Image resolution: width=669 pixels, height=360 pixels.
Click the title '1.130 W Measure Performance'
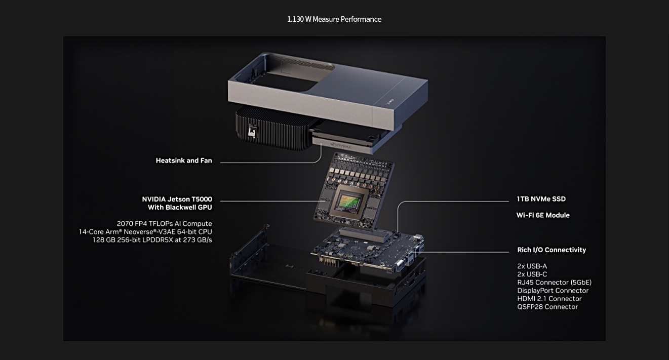[x=334, y=19]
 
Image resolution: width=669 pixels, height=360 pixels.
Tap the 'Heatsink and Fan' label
[x=184, y=161]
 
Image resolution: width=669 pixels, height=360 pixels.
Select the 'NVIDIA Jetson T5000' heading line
[x=177, y=199]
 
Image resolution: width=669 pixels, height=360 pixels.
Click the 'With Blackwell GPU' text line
[x=180, y=208]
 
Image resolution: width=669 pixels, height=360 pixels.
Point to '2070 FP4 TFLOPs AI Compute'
[x=164, y=224]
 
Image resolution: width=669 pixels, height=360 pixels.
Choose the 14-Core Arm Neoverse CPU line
[x=145, y=231]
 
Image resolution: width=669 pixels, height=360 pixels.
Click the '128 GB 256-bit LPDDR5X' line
[x=152, y=239]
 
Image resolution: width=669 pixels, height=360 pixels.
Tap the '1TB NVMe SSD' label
[x=541, y=199]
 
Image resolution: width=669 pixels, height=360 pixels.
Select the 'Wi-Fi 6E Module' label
[x=543, y=215]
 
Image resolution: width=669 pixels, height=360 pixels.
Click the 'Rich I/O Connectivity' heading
[x=552, y=250]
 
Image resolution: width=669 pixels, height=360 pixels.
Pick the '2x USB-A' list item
[x=532, y=266]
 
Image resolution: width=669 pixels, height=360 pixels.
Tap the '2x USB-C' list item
[x=532, y=274]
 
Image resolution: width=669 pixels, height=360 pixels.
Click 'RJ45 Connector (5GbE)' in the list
[x=555, y=283]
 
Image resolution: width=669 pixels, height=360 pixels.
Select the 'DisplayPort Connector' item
[x=553, y=291]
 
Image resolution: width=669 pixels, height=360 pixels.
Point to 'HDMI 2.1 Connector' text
[x=549, y=299]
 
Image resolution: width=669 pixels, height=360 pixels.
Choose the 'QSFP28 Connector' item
[x=547, y=307]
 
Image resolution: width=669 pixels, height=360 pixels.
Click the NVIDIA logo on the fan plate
[x=341, y=146]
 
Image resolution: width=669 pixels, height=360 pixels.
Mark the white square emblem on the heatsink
[x=252, y=132]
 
